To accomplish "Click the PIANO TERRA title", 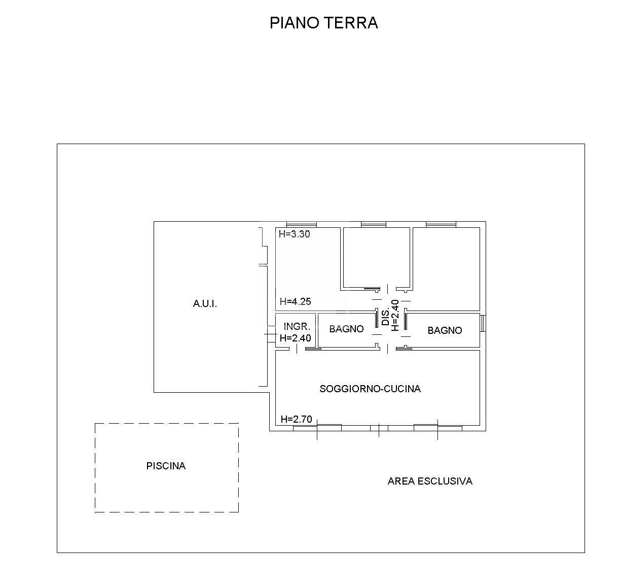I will tap(323, 23).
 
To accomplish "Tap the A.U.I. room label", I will tap(205, 304).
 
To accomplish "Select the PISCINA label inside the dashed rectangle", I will tap(166, 466).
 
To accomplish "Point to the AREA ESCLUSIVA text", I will tap(430, 481).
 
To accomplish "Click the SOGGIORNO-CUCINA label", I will tap(370, 389).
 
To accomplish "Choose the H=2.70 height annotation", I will tap(297, 419).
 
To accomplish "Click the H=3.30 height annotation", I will tap(294, 234).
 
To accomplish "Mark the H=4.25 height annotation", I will tap(295, 301).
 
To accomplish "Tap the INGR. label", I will tap(297, 327).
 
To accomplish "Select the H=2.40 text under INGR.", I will tap(296, 338).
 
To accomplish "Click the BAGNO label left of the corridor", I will tap(346, 329).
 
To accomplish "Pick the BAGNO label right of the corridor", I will tap(445, 330).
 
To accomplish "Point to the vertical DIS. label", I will tap(386, 316).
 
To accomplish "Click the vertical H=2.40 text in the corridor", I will tap(395, 316).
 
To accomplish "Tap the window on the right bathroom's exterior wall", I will tap(483, 323).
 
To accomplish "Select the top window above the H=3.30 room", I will tap(301, 224).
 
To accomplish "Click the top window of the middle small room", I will tap(374, 224).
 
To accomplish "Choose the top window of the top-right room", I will tap(441, 224).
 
